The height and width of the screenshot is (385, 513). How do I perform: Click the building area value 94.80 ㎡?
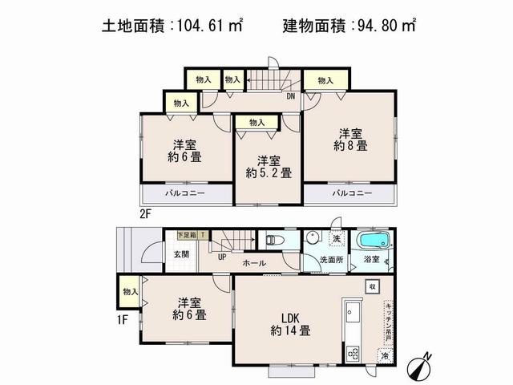click(384, 25)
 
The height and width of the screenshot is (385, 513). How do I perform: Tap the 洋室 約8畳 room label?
click(350, 140)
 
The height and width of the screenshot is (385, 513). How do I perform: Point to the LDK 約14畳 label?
click(290, 321)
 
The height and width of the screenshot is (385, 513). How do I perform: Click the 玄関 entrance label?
click(181, 254)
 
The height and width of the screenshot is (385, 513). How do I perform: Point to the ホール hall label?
click(254, 261)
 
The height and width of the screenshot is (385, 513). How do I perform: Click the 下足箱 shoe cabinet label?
click(186, 235)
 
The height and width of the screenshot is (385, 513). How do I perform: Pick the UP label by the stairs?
click(221, 257)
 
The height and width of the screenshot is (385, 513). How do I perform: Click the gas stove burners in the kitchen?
click(353, 351)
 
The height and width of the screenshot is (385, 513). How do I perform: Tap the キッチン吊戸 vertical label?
click(388, 321)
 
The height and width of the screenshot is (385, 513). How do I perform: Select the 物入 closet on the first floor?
click(130, 293)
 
